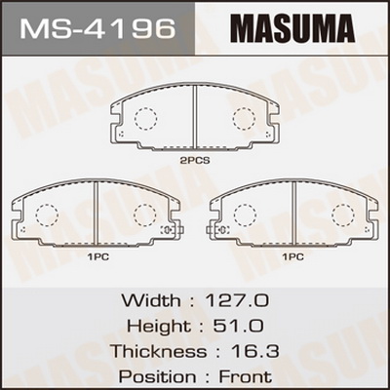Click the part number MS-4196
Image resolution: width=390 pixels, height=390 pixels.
[97, 29]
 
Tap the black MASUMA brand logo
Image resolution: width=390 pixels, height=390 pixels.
[292, 28]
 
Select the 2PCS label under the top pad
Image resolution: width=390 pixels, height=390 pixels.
[195, 160]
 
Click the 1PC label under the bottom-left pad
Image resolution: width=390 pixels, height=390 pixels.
[97, 257]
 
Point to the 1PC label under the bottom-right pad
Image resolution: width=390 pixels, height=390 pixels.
[292, 257]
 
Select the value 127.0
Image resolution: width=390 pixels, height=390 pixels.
[237, 300]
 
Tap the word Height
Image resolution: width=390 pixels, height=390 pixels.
[159, 326]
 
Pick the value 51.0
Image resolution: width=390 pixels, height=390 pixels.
[238, 326]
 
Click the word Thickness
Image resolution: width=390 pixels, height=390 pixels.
[159, 351]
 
